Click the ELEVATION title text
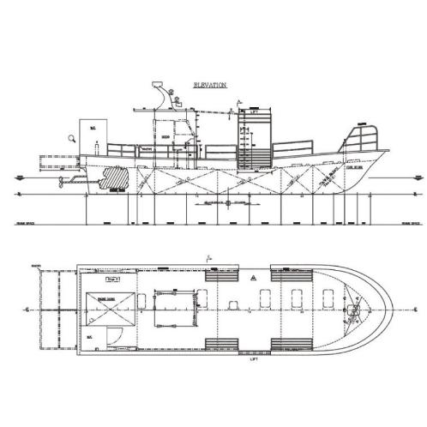tap(210, 86)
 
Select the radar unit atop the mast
tap(159, 87)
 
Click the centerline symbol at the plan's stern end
tap(28, 306)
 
